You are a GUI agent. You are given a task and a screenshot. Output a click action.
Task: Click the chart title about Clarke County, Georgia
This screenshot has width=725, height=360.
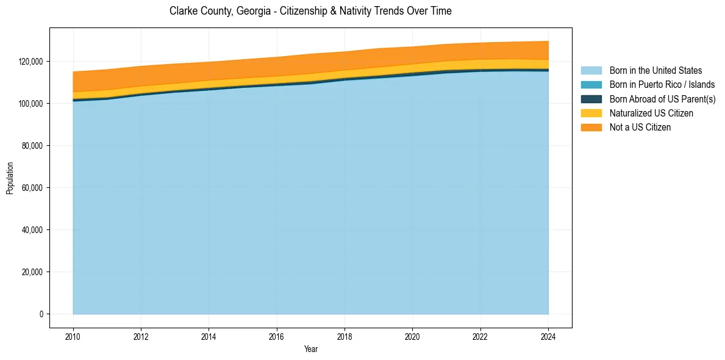pos(310,11)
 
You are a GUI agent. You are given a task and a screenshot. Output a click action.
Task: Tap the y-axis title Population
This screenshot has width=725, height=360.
pos(10,178)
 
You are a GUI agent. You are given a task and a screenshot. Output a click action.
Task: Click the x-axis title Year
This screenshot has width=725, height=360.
pos(310,349)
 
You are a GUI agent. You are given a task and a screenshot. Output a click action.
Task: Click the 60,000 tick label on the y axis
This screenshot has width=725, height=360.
pos(33,188)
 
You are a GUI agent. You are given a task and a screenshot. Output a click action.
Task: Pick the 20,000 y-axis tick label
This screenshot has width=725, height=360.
pos(33,272)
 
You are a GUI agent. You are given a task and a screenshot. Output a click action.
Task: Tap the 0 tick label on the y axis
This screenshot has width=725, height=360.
pos(41,314)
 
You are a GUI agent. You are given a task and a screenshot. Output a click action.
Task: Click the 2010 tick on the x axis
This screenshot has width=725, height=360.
pos(73,336)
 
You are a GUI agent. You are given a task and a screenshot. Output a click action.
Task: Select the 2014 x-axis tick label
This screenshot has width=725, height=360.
pos(209,336)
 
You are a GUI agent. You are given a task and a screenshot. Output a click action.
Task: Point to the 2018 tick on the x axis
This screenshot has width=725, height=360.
pos(345,336)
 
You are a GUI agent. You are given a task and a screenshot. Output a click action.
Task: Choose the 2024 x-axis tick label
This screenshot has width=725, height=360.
pos(548,336)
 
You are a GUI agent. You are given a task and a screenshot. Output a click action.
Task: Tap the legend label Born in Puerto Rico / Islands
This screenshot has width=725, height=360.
pos(662,85)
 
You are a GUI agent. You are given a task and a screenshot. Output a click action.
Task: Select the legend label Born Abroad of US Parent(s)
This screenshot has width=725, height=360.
pos(662,99)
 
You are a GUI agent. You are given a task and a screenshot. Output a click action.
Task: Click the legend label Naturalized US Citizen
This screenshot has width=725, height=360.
pos(651,113)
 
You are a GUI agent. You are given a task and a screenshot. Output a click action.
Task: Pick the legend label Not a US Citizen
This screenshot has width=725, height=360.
pos(640,128)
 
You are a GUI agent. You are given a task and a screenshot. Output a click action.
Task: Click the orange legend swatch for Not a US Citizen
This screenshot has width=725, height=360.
pos(591,128)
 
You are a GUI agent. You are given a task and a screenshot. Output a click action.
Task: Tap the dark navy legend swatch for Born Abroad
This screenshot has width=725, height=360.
pos(591,99)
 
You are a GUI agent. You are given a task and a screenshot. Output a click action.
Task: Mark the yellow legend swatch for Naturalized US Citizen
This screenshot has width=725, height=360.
pos(591,113)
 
